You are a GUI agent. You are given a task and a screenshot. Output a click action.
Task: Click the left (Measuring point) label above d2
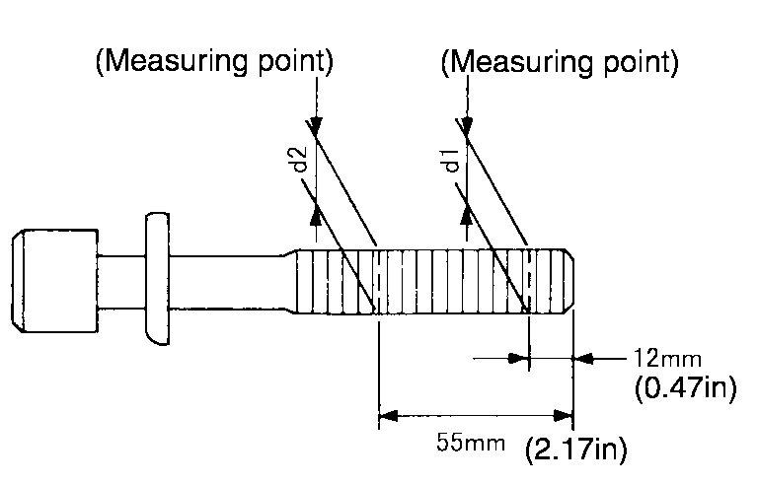coord(213,62)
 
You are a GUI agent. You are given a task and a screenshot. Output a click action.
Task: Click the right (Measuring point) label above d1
coord(561,62)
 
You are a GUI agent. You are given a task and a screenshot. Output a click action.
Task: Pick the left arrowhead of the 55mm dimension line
coord(387,414)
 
